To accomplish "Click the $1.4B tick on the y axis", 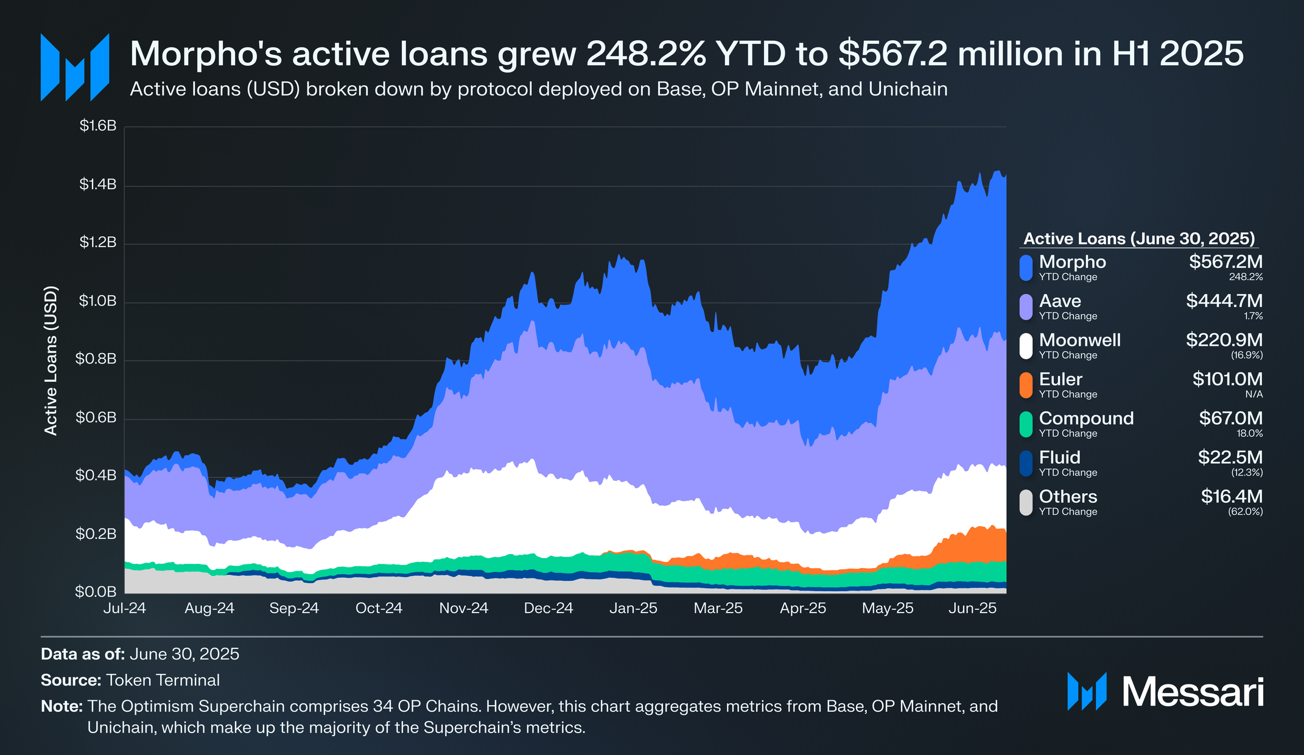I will tap(97, 184).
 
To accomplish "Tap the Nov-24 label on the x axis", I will tap(463, 608).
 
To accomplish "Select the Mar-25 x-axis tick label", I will tap(718, 608).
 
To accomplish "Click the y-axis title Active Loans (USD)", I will tap(51, 360).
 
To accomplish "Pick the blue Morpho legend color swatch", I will tap(1026, 268).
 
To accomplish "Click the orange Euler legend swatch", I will tap(1026, 385).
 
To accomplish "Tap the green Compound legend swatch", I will tap(1026, 424).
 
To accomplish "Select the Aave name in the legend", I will tap(1060, 301).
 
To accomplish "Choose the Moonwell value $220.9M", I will tap(1224, 340).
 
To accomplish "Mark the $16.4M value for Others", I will tap(1232, 496).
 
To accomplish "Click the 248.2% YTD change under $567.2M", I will tap(1246, 277).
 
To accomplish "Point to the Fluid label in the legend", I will tap(1059, 457).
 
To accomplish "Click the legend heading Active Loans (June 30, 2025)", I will tap(1139, 239).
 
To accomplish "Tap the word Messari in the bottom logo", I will tap(1193, 692).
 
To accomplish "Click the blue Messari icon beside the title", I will tap(75, 67).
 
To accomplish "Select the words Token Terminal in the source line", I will tap(163, 680).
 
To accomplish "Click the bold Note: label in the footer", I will tap(61, 706).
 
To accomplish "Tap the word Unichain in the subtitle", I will tap(908, 90).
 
